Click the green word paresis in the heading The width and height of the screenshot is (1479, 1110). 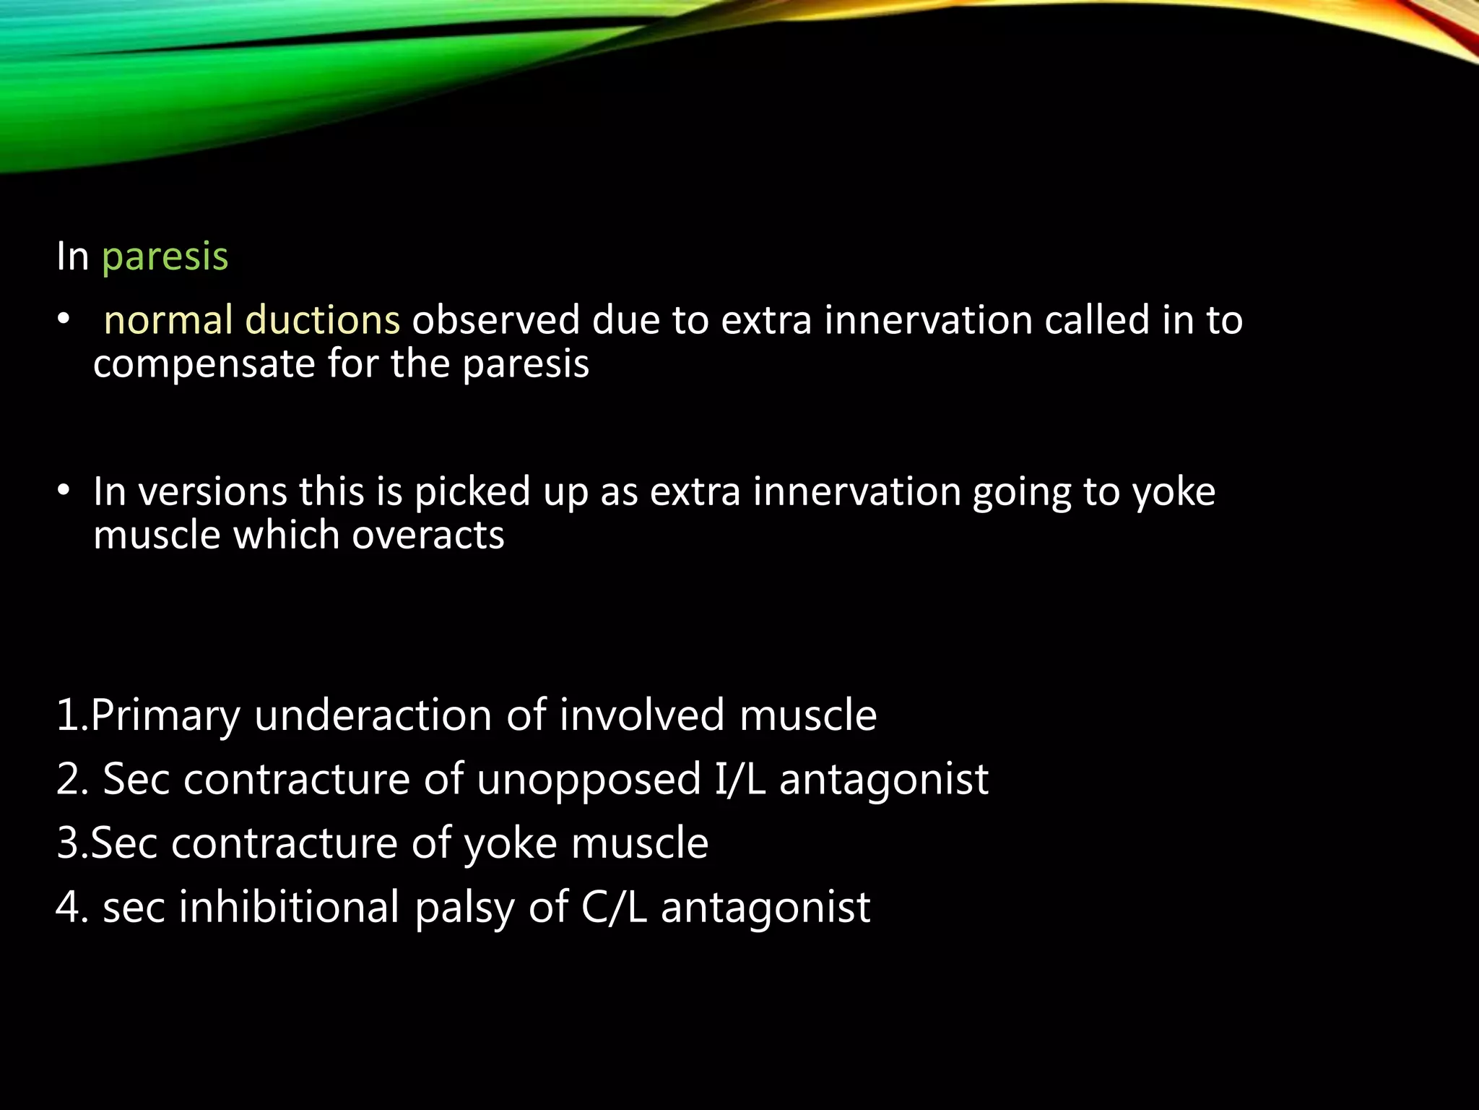point(165,257)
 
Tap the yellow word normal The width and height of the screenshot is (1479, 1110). point(168,320)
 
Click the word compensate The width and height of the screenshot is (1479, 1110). point(204,363)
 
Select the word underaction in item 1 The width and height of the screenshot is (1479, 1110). point(373,715)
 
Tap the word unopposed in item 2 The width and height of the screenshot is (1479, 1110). point(589,779)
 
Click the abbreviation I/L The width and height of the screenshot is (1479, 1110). point(739,779)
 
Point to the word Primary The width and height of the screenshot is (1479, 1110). point(165,715)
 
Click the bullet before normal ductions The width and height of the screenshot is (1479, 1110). point(64,320)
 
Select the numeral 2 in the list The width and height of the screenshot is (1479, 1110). point(67,779)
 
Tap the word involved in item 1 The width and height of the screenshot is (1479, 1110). point(642,715)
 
